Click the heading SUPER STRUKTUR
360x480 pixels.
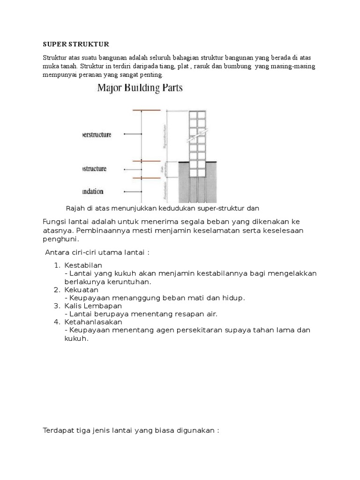(x=75, y=45)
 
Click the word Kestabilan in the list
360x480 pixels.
(x=83, y=265)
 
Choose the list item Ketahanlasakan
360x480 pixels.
(x=93, y=322)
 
